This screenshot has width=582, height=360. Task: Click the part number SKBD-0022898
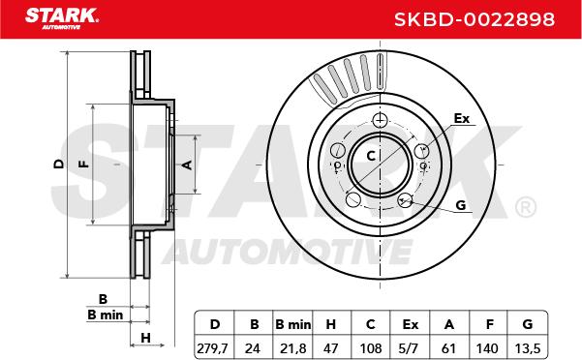(x=475, y=19)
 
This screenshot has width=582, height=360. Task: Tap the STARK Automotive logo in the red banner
(x=62, y=18)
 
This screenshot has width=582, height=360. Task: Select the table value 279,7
(x=212, y=348)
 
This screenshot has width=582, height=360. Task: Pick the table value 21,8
(x=292, y=348)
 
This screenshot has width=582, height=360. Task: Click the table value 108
(x=371, y=348)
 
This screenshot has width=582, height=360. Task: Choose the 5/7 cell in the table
(x=411, y=348)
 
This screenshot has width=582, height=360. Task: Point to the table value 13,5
(x=528, y=348)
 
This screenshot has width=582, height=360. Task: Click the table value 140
(x=487, y=348)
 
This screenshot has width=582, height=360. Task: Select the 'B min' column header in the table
(x=292, y=325)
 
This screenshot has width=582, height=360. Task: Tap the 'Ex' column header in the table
(x=411, y=325)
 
